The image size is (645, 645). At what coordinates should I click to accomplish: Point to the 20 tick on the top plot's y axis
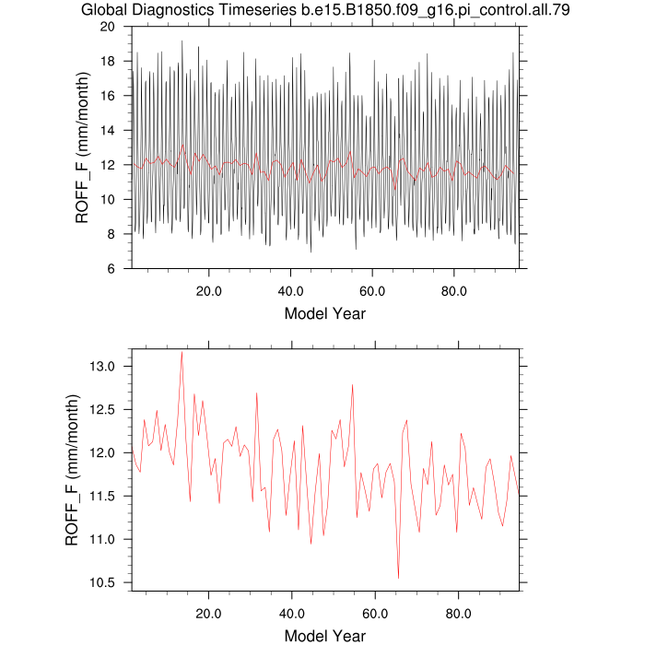(x=116, y=27)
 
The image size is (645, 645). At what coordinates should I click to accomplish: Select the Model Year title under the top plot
(x=324, y=313)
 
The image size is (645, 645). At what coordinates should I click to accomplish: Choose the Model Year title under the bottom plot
(x=324, y=635)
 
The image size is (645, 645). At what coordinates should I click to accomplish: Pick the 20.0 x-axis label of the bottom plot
(x=209, y=613)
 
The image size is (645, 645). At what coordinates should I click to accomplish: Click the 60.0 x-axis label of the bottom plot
(x=375, y=613)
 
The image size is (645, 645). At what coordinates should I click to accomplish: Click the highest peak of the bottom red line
(x=182, y=352)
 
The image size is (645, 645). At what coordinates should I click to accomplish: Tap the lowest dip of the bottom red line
(x=398, y=578)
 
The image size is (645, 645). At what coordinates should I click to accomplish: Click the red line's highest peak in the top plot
(x=182, y=144)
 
